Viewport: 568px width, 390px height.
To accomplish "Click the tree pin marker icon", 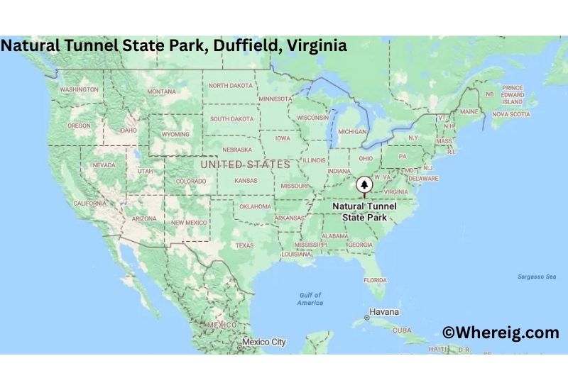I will (365, 186).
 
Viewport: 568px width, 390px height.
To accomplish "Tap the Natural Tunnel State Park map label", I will (365, 211).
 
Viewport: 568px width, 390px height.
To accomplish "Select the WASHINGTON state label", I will (79, 90).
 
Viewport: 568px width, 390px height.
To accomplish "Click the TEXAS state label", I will (244, 245).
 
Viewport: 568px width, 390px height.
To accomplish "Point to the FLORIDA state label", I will (375, 279).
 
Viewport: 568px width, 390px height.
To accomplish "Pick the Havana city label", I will (383, 312).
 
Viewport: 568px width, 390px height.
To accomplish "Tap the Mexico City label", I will (263, 342).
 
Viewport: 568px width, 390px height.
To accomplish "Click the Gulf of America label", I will (310, 299).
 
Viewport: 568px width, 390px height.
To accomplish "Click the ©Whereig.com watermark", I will (501, 333).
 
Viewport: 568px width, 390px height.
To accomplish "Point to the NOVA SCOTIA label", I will (511, 113).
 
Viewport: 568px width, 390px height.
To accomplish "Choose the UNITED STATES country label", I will (246, 165).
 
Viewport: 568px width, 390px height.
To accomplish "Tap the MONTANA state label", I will (161, 91).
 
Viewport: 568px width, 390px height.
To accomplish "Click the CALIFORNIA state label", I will (89, 203).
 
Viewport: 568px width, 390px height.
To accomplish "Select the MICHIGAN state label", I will (352, 131).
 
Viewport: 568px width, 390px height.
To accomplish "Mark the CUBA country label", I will (402, 330).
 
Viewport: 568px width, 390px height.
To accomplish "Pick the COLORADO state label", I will (190, 181).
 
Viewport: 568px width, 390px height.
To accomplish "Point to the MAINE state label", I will (469, 111).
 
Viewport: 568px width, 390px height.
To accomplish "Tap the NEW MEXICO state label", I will (188, 222).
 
